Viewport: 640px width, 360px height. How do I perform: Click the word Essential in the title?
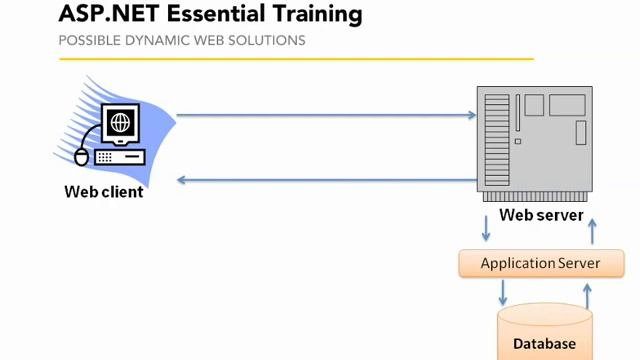(213, 15)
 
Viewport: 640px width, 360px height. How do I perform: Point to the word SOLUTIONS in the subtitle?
(272, 41)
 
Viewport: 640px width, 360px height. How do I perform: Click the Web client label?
(104, 191)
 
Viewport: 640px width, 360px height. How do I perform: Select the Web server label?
(541, 215)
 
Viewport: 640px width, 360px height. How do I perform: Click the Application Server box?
(540, 264)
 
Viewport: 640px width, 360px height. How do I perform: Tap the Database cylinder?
(545, 335)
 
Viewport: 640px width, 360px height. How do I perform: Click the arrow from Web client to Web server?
(326, 115)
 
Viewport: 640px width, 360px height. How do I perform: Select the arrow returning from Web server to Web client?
(326, 180)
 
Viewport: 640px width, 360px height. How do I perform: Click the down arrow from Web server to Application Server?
(486, 228)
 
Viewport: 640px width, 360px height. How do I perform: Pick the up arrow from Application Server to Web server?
(592, 230)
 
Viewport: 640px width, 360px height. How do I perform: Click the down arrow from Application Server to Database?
(503, 293)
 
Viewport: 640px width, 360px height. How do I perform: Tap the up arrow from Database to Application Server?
(587, 295)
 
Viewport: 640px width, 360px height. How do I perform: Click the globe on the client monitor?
(121, 124)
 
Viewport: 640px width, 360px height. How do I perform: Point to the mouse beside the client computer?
(81, 156)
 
